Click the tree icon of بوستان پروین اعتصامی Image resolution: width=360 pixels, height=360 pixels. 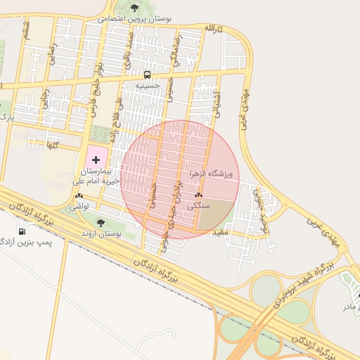coord(134,8)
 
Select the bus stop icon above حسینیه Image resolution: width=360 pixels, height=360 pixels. coord(148,75)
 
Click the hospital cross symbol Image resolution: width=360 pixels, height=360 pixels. coord(96,161)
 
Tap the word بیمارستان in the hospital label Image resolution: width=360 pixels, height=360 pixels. coord(96,172)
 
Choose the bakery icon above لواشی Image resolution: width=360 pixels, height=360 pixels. coord(79,198)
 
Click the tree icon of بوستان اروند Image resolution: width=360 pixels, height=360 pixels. coord(101,222)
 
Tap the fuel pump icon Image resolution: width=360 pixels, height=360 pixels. coord(22,231)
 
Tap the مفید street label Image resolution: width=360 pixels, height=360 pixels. coord(222,231)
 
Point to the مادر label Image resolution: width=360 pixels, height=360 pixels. coord(349,307)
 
